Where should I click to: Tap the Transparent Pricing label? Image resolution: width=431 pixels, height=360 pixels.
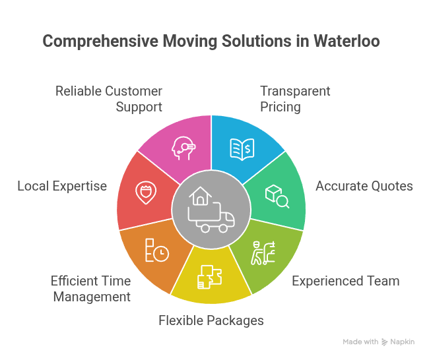click(x=295, y=99)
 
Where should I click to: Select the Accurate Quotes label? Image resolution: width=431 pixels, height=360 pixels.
click(x=364, y=186)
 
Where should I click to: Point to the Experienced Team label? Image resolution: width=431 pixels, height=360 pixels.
click(x=345, y=281)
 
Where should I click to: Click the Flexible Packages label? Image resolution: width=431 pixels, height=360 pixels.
click(x=211, y=320)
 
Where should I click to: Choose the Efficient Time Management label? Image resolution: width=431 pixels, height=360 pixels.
click(x=91, y=289)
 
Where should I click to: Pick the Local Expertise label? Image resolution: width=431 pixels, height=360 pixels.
click(x=62, y=186)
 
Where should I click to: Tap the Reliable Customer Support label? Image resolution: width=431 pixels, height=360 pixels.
click(x=109, y=99)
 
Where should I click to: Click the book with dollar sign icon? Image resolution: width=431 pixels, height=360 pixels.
click(x=242, y=148)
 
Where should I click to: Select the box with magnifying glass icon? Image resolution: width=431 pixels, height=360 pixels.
click(x=277, y=196)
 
